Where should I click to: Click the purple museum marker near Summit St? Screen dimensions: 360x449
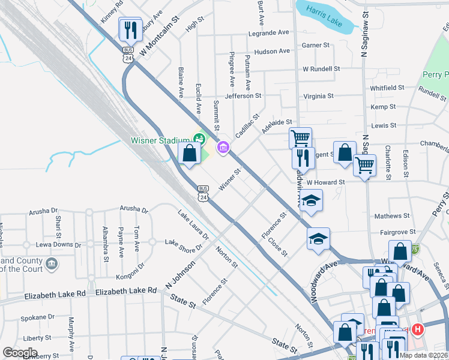click(x=223, y=146)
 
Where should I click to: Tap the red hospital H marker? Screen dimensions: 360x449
click(x=418, y=329)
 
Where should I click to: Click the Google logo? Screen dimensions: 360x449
click(x=20, y=352)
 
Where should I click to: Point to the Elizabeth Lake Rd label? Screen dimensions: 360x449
click(x=126, y=291)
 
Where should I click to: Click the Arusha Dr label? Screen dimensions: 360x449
click(x=133, y=209)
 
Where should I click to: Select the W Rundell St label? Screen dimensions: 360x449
click(x=322, y=69)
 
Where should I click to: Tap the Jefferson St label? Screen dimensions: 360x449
click(x=243, y=95)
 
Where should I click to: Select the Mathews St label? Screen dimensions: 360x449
click(x=391, y=215)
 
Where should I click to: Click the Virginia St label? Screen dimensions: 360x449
click(x=318, y=96)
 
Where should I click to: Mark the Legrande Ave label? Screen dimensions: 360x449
click(x=271, y=32)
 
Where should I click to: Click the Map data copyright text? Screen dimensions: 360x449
click(x=424, y=355)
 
